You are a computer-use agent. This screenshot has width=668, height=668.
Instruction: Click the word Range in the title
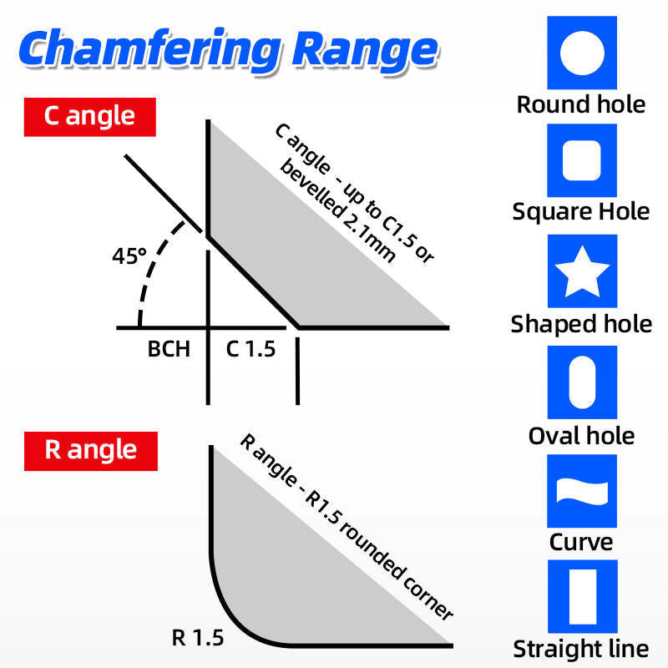coord(365,50)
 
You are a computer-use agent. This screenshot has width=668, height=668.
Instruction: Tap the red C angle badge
coord(90,117)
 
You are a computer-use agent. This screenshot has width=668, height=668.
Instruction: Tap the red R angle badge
coord(91,451)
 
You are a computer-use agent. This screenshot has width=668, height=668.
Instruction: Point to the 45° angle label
coord(129,256)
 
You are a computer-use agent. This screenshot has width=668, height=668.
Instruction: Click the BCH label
coord(169,349)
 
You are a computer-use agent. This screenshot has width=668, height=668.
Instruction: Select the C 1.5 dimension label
coord(250,349)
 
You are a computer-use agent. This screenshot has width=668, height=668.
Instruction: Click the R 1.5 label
coord(198,638)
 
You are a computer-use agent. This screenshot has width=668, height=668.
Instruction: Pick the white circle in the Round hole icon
coord(582,53)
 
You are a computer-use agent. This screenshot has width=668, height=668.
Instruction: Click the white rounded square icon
coord(582,160)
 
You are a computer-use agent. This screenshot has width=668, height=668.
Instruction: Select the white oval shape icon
coord(582,382)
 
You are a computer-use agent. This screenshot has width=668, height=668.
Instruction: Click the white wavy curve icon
coord(582,491)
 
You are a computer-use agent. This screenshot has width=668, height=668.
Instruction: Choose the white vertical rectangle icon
coord(583,596)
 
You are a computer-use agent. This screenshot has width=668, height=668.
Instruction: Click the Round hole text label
coord(581,105)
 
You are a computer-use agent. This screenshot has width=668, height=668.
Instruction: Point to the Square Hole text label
coord(581,212)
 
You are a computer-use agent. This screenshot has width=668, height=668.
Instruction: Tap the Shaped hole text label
coord(581,324)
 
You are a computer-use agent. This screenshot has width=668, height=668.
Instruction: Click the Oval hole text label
coord(581,436)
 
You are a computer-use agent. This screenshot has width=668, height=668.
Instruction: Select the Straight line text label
coord(581,650)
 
